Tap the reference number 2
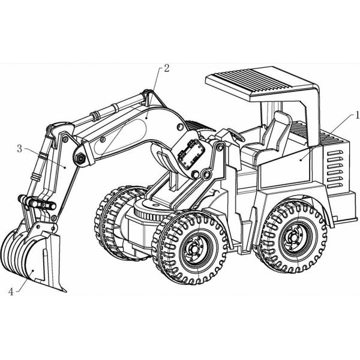tap(166, 68)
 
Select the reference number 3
tap(19, 147)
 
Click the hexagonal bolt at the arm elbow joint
tap(79, 159)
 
